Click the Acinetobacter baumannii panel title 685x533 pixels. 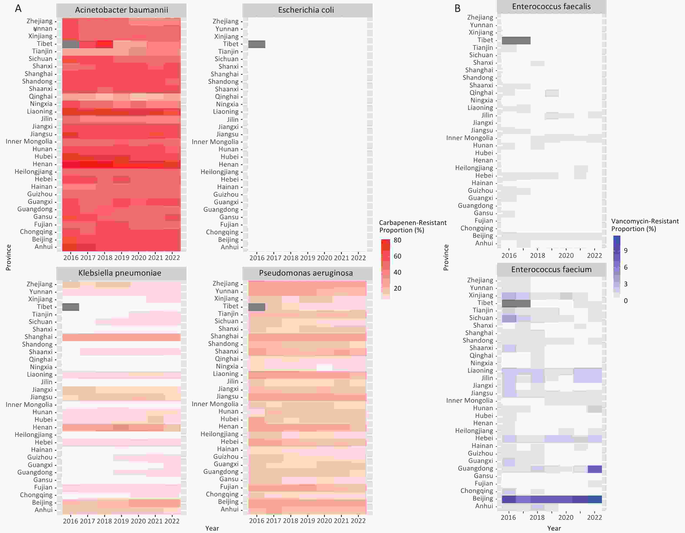121,10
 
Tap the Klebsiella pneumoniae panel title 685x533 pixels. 120,273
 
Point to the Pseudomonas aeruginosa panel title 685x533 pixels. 306,273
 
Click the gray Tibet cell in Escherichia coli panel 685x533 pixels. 257,44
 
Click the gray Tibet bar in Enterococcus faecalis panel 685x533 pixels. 516,40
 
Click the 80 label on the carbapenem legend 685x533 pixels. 397,240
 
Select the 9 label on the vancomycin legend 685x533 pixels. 625,250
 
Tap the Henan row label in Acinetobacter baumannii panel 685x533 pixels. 43,164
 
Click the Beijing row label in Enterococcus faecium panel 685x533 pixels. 483,498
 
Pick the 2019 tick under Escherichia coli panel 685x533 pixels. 307,258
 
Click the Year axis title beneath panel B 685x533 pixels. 554,528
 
